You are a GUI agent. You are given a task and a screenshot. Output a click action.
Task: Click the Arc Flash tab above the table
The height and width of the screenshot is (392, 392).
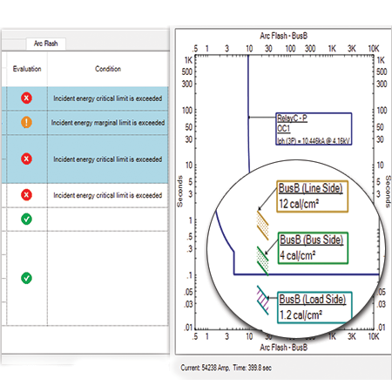point(51,42)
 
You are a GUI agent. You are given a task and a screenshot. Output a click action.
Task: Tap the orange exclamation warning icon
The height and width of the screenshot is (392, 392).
point(26,124)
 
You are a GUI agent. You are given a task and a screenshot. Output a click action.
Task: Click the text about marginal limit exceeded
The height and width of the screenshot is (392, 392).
point(107,124)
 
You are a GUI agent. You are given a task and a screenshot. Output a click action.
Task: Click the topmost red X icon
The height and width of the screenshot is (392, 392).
point(26,98)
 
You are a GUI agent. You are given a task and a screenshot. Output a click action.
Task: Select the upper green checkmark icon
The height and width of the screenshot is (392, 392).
point(26,218)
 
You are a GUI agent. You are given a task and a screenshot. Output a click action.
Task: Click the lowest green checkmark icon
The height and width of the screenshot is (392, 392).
point(26,278)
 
